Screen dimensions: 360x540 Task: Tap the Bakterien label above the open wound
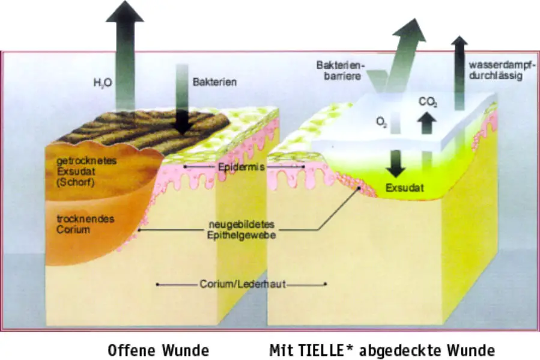[214, 82]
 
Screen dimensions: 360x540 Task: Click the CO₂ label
[427, 102]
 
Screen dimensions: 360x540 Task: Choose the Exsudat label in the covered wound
[404, 188]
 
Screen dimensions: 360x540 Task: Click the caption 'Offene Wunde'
[158, 350]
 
